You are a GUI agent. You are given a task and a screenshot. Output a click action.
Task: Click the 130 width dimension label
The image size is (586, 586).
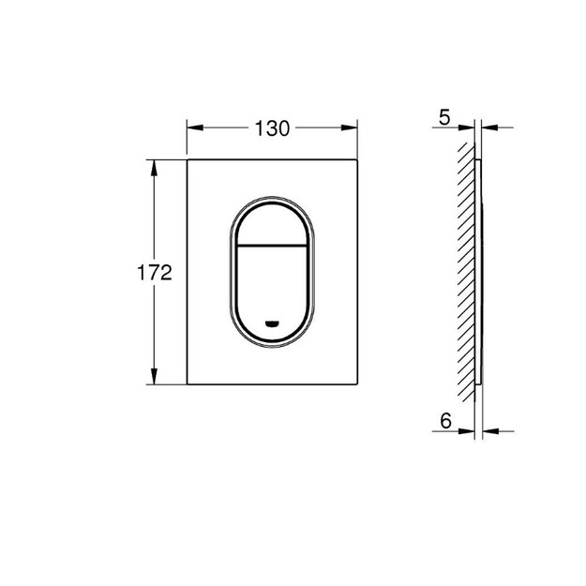tap(272, 128)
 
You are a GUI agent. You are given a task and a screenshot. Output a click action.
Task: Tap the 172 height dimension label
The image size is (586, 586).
tap(155, 273)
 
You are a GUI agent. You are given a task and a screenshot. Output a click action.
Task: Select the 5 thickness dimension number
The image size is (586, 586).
tap(444, 118)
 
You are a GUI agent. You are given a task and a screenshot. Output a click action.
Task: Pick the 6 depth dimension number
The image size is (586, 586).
tap(445, 421)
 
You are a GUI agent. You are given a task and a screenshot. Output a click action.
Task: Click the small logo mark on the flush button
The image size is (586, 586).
tap(273, 323)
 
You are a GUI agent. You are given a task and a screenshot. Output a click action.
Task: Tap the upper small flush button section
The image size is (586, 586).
tap(273, 225)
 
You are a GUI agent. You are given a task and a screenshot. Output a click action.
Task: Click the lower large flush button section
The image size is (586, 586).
tap(273, 292)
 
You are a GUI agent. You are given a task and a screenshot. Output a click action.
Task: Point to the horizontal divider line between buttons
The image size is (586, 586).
tap(273, 246)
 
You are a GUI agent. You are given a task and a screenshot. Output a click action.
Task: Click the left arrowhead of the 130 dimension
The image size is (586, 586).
tap(195, 128)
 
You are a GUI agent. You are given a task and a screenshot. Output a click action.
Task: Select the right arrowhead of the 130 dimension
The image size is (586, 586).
tap(349, 128)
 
